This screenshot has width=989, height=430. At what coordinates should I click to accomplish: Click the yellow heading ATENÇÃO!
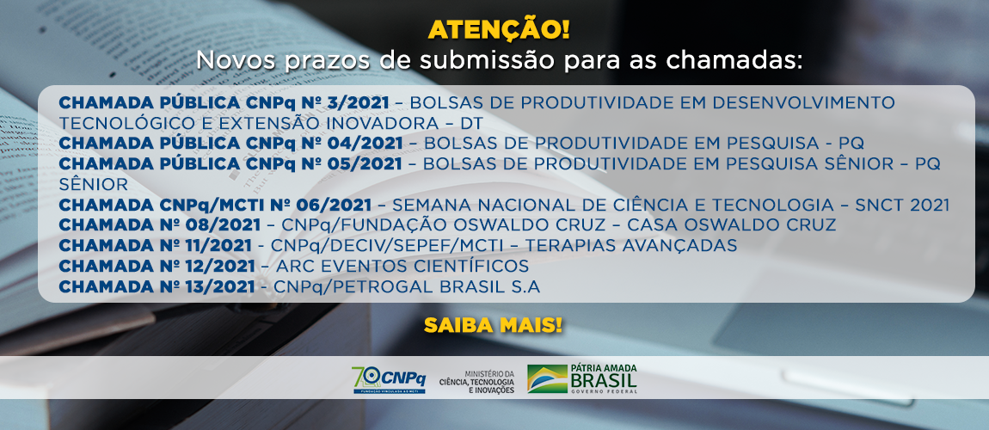[499, 30]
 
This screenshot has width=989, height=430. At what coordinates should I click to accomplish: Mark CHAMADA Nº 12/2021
[157, 266]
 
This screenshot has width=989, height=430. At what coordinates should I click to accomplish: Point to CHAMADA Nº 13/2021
[157, 286]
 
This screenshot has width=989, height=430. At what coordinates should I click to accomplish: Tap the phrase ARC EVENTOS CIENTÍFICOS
[400, 266]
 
